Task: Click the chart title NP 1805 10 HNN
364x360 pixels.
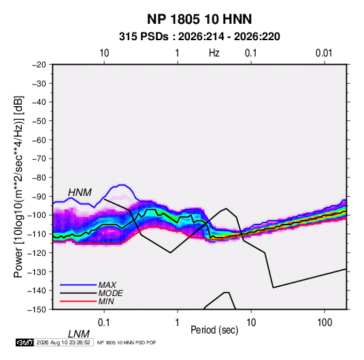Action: coord(199,19)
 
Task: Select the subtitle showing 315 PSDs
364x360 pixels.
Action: coord(199,37)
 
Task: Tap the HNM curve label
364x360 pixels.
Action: coord(80,193)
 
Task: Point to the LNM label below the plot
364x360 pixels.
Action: coord(78,334)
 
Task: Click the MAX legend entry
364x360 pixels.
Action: coord(107,284)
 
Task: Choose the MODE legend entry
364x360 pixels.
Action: coord(110,293)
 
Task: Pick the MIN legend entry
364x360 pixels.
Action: coord(106,301)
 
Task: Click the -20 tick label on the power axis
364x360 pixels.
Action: coord(39,65)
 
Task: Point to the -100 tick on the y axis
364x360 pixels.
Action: coord(37,215)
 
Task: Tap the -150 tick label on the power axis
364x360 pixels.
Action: coord(37,310)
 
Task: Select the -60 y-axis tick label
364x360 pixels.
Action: coord(39,140)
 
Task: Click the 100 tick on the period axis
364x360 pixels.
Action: coord(325,323)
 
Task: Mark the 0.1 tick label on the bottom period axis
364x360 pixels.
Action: coord(104,323)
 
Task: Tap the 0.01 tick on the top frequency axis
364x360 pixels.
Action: coord(324,53)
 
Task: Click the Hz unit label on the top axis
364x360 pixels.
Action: coord(214,53)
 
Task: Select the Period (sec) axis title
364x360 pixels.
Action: coord(214,330)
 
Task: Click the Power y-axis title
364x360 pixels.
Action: coord(18,186)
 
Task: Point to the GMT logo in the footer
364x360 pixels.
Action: coord(24,342)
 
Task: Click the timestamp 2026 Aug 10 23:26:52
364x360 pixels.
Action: coord(63,342)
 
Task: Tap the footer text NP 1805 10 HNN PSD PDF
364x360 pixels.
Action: coord(127,342)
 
